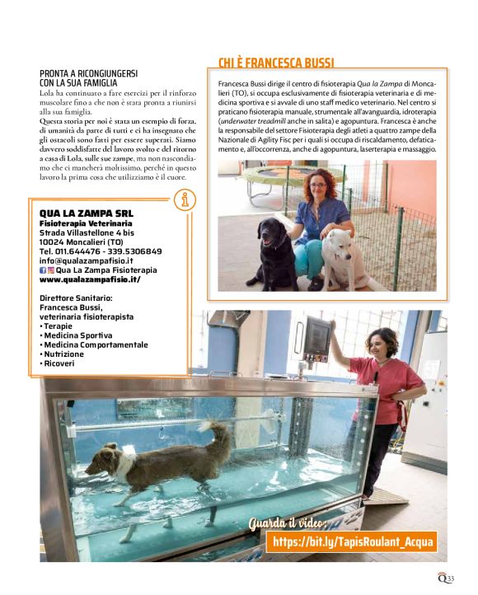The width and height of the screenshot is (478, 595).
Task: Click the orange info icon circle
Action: pyautogui.click(x=186, y=199)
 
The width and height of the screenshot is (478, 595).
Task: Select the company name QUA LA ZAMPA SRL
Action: pyautogui.click(x=86, y=213)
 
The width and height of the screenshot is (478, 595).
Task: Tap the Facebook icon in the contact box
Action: pyautogui.click(x=43, y=270)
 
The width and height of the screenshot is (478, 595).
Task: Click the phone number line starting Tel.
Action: pyautogui.click(x=101, y=251)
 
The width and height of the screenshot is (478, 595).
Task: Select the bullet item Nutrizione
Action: pyautogui.click(x=67, y=354)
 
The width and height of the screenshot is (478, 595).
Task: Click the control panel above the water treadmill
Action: pyautogui.click(x=316, y=339)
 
